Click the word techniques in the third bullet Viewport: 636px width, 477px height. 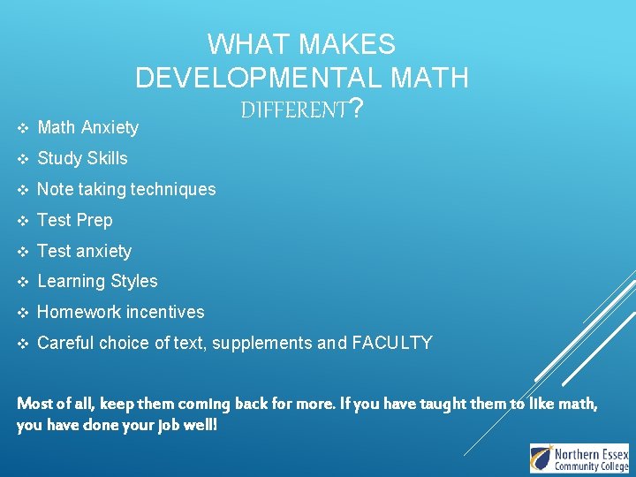click(x=172, y=189)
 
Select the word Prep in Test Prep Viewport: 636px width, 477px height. click(x=95, y=220)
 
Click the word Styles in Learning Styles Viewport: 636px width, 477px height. click(x=135, y=282)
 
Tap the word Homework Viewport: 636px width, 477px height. click(x=79, y=312)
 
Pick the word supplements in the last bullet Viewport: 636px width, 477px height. click(x=268, y=344)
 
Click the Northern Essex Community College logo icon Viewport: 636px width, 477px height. click(x=541, y=458)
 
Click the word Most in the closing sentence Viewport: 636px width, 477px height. click(x=34, y=405)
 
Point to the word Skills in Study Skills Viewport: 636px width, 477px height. click(x=107, y=159)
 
